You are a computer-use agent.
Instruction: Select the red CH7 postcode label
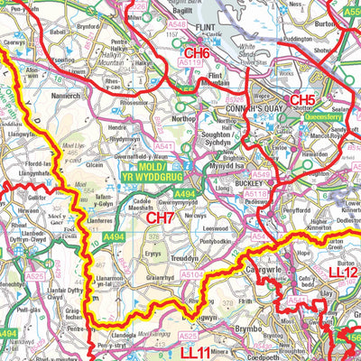point(160,218)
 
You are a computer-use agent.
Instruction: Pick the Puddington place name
point(296,40)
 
